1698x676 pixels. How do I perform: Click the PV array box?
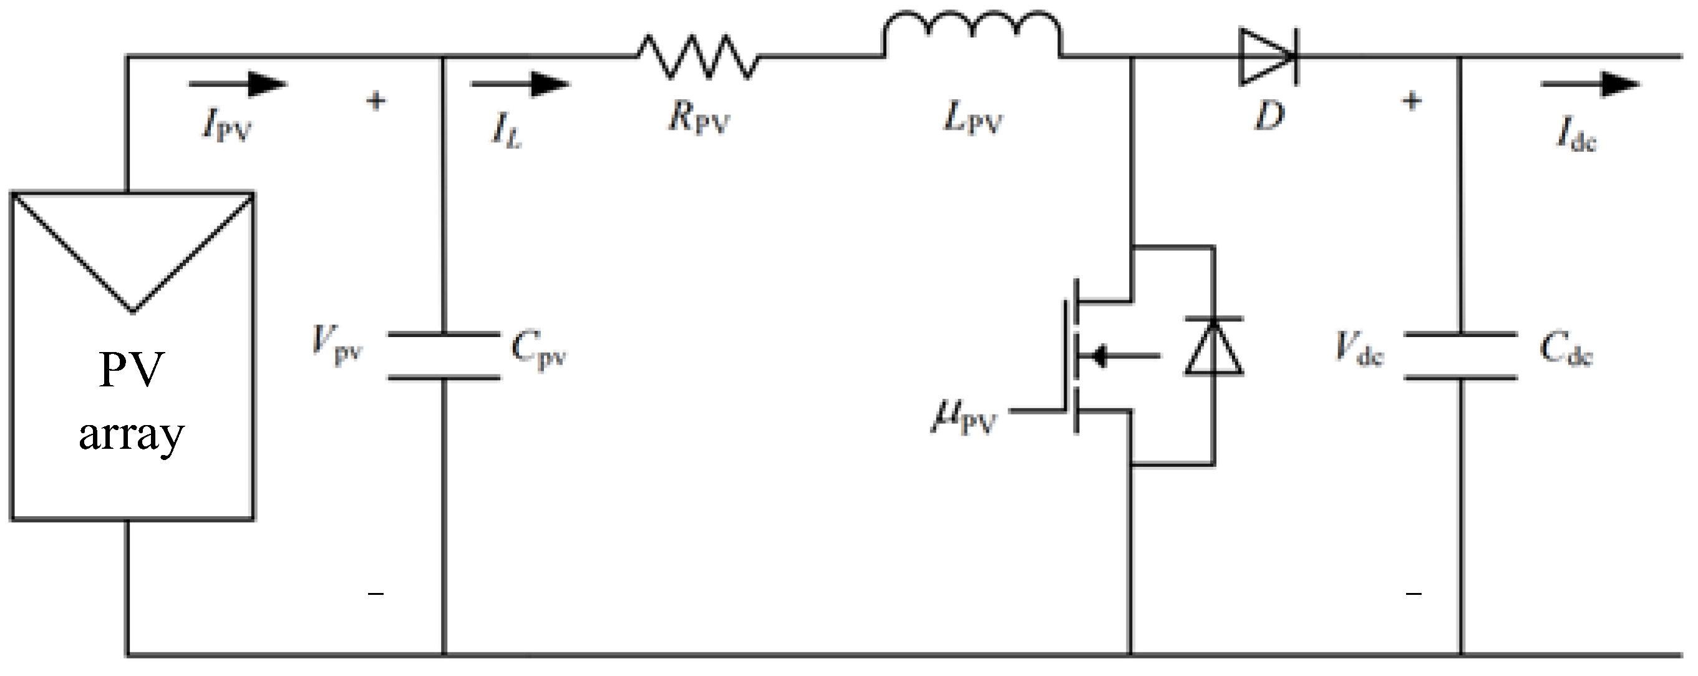click(132, 356)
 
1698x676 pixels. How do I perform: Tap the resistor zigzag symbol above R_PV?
click(697, 57)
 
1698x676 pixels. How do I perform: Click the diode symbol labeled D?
click(1268, 57)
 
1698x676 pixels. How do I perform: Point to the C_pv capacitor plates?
click(444, 356)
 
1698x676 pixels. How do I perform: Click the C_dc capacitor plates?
click(1461, 356)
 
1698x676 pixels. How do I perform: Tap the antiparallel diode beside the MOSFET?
click(1213, 348)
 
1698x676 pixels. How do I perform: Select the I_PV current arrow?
click(237, 84)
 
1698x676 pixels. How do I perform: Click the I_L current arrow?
click(520, 84)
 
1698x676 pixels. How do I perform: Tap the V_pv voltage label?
click(337, 346)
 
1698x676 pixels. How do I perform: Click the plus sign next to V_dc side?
click(1411, 101)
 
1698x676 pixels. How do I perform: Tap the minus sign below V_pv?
click(376, 594)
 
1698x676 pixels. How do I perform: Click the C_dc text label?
click(1566, 350)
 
